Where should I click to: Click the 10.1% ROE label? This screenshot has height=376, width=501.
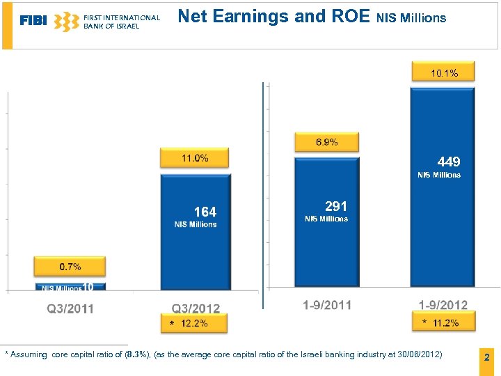443,72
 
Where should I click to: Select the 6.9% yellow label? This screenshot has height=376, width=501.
326,142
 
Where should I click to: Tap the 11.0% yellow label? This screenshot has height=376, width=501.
195,158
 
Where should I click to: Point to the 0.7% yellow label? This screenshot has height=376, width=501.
70,266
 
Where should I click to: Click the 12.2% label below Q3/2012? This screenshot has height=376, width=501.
194,323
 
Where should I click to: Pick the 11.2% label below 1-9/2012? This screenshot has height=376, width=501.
445,322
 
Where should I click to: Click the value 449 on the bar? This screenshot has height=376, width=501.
449,162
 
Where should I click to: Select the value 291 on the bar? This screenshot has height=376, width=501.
335,206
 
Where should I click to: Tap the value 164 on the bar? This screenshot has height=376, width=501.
205,212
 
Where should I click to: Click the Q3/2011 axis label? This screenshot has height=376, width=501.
70,308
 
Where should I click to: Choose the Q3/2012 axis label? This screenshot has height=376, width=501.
196,308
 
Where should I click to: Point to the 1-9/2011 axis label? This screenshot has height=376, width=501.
327,305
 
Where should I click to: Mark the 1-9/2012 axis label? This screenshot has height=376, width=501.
443,305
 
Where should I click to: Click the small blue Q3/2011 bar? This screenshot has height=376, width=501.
70,286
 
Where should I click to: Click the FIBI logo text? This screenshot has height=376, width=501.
33,21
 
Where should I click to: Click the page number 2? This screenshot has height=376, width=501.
486,358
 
